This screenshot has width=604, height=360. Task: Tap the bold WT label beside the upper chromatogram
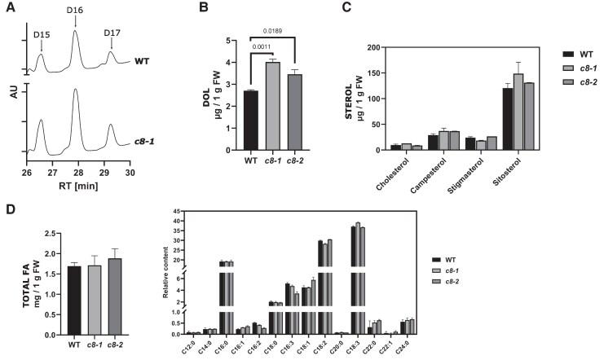143,60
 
